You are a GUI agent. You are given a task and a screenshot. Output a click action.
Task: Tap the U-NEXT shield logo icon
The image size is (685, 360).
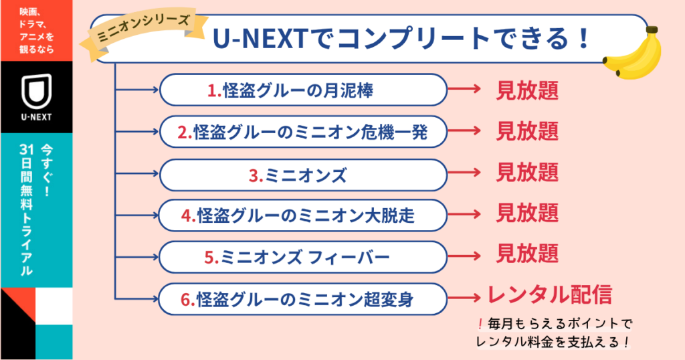click(x=37, y=90)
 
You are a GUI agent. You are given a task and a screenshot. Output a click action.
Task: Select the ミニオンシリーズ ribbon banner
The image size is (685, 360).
click(x=142, y=31)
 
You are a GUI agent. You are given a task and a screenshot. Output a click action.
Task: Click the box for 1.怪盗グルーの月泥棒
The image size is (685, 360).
click(x=303, y=90)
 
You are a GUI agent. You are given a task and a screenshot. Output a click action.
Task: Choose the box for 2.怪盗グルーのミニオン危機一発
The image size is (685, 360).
click(x=303, y=132)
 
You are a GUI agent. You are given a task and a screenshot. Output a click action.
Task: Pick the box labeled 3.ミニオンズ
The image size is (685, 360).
click(x=303, y=175)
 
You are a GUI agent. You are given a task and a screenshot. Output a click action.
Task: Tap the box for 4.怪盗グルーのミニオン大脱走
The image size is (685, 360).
click(x=303, y=215)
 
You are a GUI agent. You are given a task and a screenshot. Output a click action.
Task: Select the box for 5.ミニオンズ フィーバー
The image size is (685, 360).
click(x=303, y=257)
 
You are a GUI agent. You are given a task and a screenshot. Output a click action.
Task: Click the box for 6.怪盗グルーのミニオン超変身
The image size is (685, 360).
click(x=303, y=299)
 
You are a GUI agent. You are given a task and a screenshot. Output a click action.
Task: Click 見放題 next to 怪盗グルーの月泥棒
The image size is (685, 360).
click(x=527, y=90)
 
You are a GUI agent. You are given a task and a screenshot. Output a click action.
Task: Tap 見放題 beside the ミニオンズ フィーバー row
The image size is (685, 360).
click(x=527, y=254)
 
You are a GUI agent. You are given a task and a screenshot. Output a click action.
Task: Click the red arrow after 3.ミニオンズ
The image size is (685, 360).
click(x=464, y=173)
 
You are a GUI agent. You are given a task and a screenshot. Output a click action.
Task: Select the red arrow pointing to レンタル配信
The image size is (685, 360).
click(x=464, y=298)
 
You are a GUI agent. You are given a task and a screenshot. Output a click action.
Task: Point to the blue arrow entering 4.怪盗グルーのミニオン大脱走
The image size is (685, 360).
click(x=136, y=215)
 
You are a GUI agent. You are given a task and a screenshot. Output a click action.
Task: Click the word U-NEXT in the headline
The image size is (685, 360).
click(x=261, y=38)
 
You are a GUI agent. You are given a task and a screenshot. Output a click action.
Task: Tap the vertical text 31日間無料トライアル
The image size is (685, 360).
click(x=26, y=210)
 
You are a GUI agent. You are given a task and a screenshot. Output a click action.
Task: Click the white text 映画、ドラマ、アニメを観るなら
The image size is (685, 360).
click(x=37, y=30)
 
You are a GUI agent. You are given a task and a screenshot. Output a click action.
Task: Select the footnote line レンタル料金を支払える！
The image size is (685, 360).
click(x=553, y=342)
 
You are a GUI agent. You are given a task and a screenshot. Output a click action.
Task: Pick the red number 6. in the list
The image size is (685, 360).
click(x=188, y=300)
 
